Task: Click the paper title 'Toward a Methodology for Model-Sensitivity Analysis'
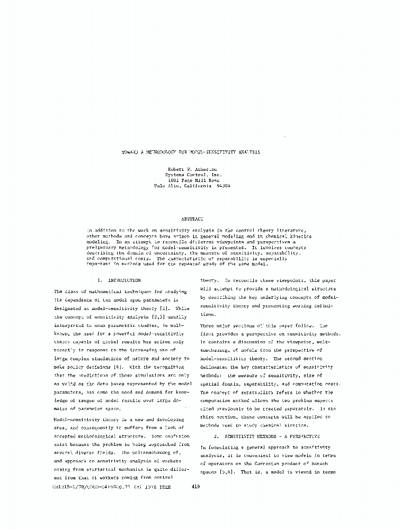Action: click(x=192, y=151)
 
